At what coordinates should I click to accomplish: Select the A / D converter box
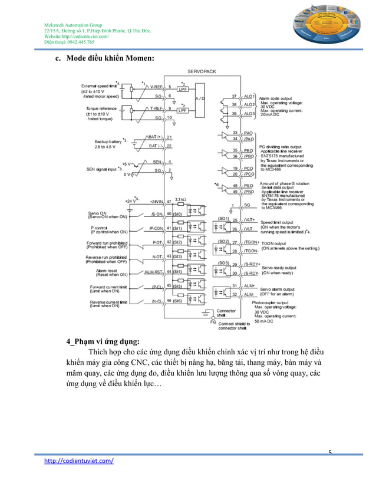(199, 98)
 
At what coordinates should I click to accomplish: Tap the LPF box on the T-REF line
(183, 110)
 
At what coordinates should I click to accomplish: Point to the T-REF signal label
(157, 108)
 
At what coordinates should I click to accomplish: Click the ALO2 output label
(249, 104)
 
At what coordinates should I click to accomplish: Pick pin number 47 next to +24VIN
(169, 202)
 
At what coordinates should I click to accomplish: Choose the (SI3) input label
(177, 256)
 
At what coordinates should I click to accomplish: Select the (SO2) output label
(224, 241)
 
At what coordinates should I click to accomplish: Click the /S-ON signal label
(157, 215)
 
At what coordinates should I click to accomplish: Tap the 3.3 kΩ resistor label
(181, 200)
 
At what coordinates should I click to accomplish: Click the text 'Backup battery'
(107, 142)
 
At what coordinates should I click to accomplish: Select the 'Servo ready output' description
(279, 267)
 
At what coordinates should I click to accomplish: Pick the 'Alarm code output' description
(276, 98)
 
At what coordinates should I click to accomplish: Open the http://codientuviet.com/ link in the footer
(80, 461)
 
